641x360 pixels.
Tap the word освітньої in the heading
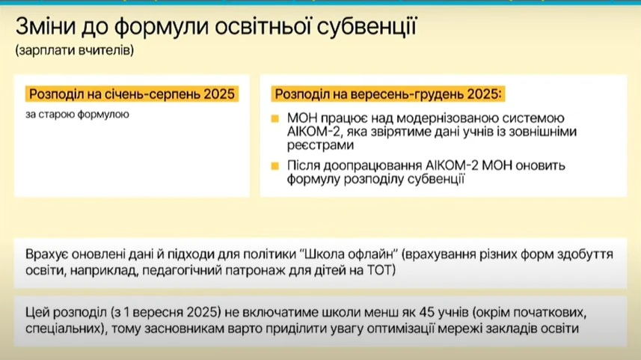(253, 29)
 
